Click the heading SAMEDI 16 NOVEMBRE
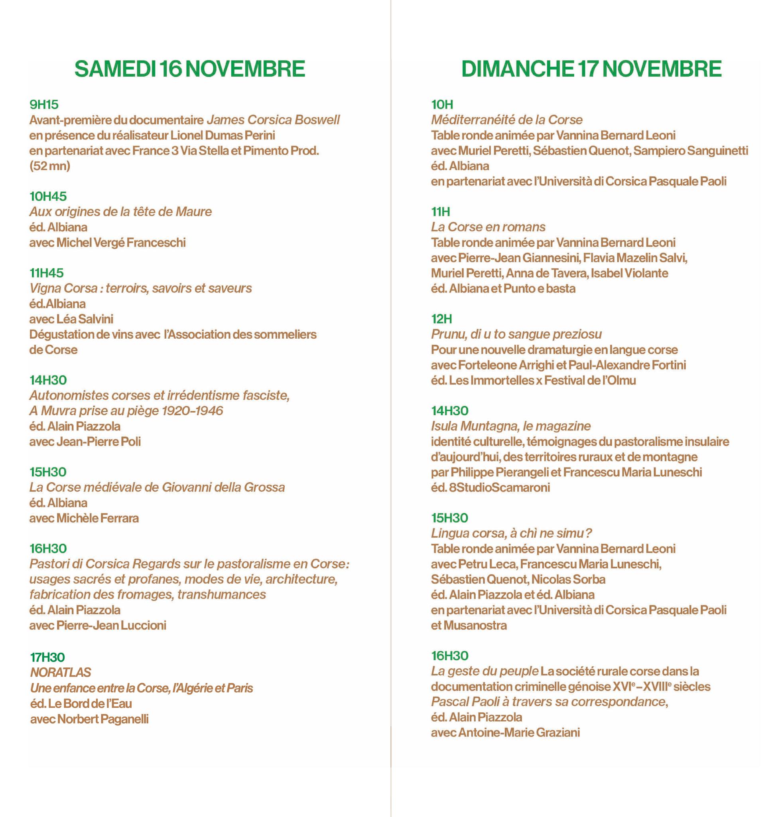[190, 69]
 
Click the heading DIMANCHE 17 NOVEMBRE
[591, 69]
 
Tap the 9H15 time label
[44, 105]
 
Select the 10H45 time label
[48, 196]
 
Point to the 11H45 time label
[46, 272]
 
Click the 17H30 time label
[48, 657]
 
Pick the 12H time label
[441, 319]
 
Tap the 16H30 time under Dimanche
[449, 655]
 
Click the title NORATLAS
[61, 672]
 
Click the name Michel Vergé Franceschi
[121, 242]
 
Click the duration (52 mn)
[50, 166]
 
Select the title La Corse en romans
[488, 227]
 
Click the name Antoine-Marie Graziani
[519, 732]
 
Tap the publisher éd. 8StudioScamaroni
[490, 487]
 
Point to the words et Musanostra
[469, 625]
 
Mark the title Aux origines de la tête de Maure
[120, 211]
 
